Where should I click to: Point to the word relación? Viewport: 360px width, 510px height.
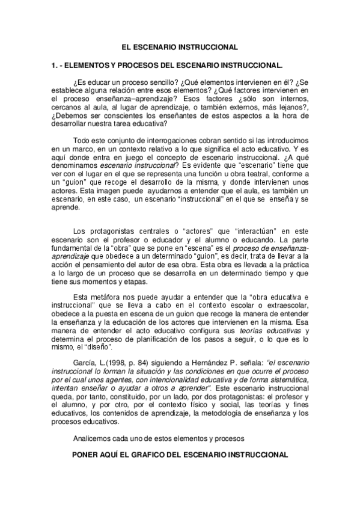click(x=124, y=91)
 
